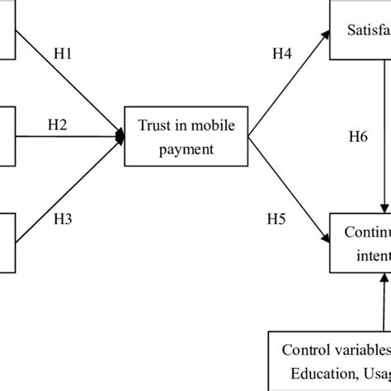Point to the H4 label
[284, 54]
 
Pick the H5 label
[276, 220]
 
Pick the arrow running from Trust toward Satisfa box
[289, 83]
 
